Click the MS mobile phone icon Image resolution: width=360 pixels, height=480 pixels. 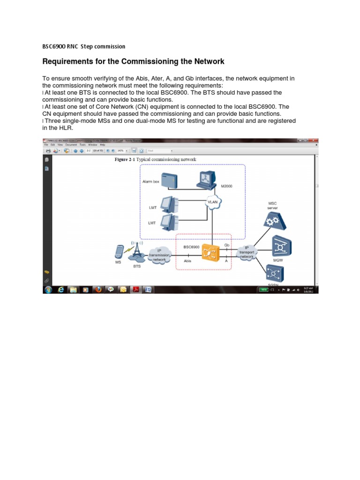[119, 252]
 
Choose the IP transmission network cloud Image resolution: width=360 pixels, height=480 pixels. [159, 256]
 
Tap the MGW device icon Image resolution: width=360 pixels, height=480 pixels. [282, 247]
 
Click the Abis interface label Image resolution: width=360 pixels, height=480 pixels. [187, 261]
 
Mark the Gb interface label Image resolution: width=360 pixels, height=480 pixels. [227, 245]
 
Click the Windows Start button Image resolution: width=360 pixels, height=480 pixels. [48, 290]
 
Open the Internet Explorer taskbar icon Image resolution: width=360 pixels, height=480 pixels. [61, 290]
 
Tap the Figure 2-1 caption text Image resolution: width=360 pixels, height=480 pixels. [156, 159]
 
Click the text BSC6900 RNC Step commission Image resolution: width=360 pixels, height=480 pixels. [84, 46]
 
